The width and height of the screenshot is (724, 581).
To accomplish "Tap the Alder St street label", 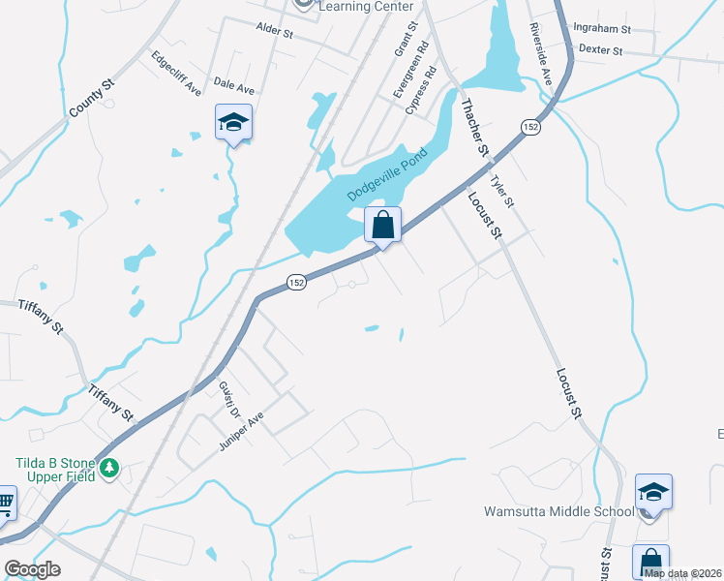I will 275,32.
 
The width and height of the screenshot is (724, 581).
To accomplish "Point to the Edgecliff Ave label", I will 176,73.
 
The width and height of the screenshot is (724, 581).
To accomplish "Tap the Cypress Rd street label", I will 422,91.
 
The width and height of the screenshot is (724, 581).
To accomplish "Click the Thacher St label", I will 473,130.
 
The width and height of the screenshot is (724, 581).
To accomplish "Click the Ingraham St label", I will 601,30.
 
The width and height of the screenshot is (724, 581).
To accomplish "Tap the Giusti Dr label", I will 228,400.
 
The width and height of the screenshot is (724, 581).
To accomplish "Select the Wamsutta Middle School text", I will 558,511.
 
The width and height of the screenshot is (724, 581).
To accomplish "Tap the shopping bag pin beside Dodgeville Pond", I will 383,225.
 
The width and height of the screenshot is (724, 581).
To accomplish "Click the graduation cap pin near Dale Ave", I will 233,122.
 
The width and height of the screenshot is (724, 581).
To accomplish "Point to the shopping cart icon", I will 6,502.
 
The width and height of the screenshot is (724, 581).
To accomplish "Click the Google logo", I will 32,569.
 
